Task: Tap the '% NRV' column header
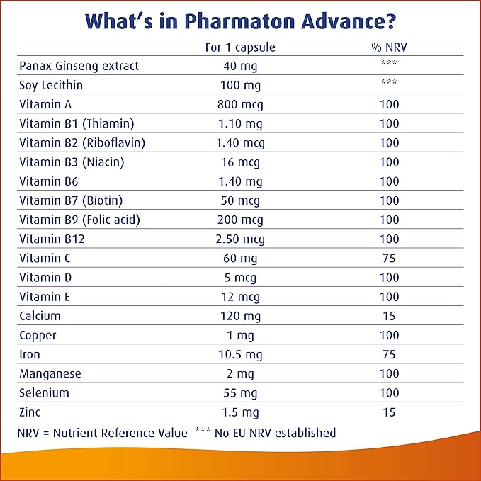[x=389, y=47]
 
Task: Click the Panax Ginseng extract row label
[x=79, y=66]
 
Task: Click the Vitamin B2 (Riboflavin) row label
[x=82, y=142]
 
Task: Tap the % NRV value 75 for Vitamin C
[x=389, y=259]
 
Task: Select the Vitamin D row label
[x=45, y=278]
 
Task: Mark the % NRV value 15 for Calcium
[x=389, y=316]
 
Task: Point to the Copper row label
[x=38, y=335]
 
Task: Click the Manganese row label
[x=50, y=373]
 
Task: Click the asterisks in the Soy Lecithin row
[x=389, y=82]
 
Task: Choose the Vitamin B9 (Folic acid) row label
[x=79, y=220]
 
